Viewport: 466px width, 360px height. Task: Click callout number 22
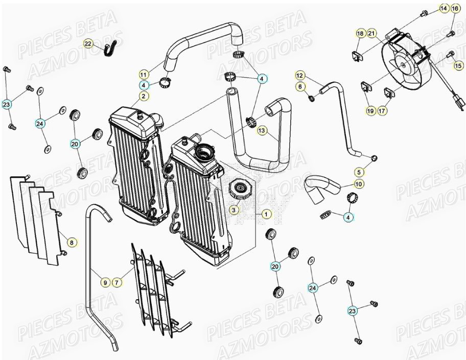(x=88, y=44)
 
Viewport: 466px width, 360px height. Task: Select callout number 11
(x=144, y=74)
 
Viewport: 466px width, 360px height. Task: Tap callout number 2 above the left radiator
(x=144, y=95)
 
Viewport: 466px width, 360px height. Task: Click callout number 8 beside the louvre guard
(x=72, y=242)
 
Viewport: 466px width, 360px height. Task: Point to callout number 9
(x=104, y=282)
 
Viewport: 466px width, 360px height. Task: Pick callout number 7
(x=116, y=282)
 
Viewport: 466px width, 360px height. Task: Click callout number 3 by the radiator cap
(x=234, y=210)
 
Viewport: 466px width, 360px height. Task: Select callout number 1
(x=266, y=214)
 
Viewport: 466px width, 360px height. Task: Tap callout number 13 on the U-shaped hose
(x=262, y=131)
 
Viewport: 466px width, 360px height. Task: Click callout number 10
(x=359, y=184)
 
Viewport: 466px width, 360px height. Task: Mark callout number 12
(x=299, y=75)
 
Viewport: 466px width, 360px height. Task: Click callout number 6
(x=299, y=86)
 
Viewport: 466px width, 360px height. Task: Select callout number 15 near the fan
(x=458, y=65)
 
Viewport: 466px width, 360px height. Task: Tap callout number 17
(x=382, y=110)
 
